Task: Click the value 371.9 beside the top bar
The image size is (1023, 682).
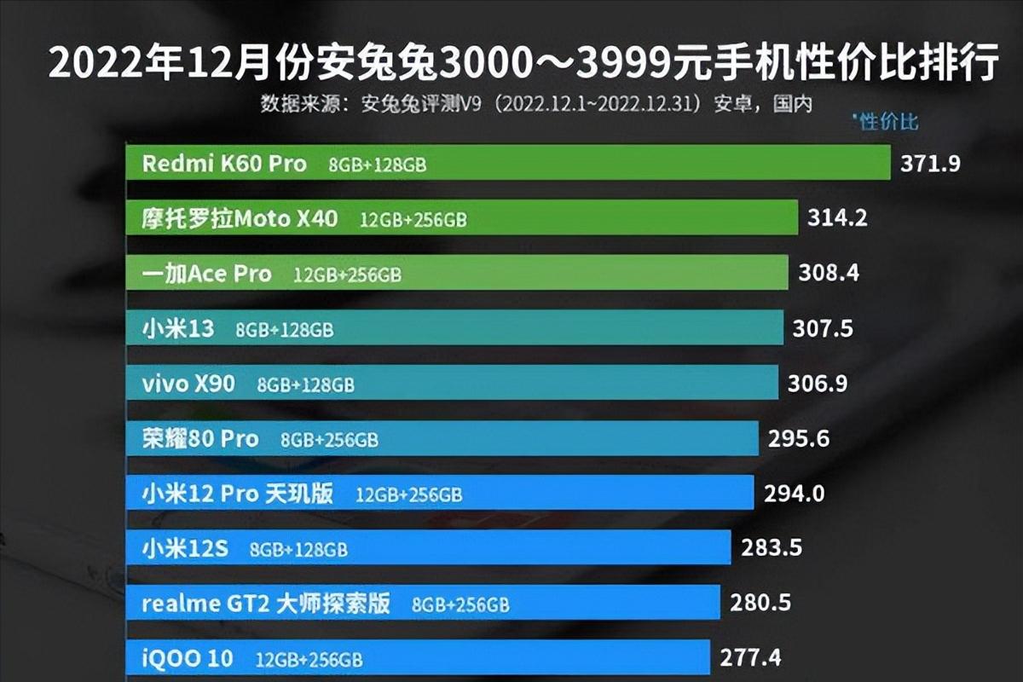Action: [930, 164]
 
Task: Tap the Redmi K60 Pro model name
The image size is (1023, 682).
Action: [224, 164]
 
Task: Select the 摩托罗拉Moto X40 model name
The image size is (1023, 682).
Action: [240, 219]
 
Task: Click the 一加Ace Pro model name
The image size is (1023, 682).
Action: [207, 274]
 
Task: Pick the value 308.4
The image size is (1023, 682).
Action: [829, 273]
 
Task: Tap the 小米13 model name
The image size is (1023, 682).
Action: [178, 329]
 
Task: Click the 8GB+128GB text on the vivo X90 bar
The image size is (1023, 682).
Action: [305, 384]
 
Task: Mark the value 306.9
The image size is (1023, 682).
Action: [818, 384]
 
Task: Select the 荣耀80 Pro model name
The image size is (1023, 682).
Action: [200, 439]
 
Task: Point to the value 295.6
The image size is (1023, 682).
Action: [799, 438]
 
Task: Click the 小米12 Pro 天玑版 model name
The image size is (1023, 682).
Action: [238, 494]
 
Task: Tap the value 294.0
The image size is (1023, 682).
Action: [794, 493]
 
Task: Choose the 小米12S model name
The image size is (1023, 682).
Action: [185, 549]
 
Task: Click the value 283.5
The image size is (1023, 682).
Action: [772, 547]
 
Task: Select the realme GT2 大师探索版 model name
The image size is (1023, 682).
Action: [266, 604]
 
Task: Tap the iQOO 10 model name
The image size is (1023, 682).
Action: [188, 659]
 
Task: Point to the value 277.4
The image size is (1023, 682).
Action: [751, 658]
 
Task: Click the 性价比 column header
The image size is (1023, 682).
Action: [887, 122]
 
